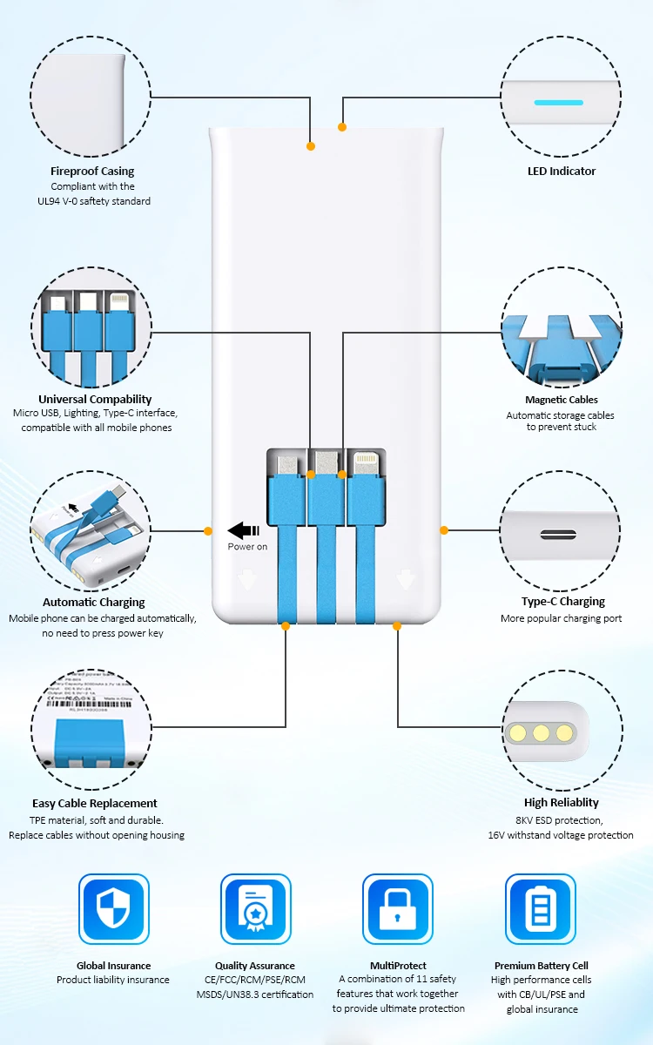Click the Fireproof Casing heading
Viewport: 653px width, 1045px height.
[x=92, y=172]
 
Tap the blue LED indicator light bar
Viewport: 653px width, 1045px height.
[x=558, y=103]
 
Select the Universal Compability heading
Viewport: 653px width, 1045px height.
[x=95, y=400]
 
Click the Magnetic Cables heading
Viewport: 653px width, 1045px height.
[x=561, y=400]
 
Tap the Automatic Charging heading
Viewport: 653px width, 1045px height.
[x=94, y=603]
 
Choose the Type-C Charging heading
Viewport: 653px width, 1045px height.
[x=562, y=602]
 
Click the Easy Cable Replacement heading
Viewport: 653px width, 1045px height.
[x=95, y=804]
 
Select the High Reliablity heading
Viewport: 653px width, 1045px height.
[x=562, y=803]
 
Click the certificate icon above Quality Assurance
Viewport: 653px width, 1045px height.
[x=255, y=908]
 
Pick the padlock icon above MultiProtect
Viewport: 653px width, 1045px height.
[x=398, y=908]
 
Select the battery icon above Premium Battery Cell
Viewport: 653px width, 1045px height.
[x=541, y=908]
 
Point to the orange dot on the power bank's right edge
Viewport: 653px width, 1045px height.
[x=444, y=529]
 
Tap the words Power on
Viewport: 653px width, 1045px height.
[x=247, y=547]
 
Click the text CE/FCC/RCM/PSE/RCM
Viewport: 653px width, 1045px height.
[x=255, y=981]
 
